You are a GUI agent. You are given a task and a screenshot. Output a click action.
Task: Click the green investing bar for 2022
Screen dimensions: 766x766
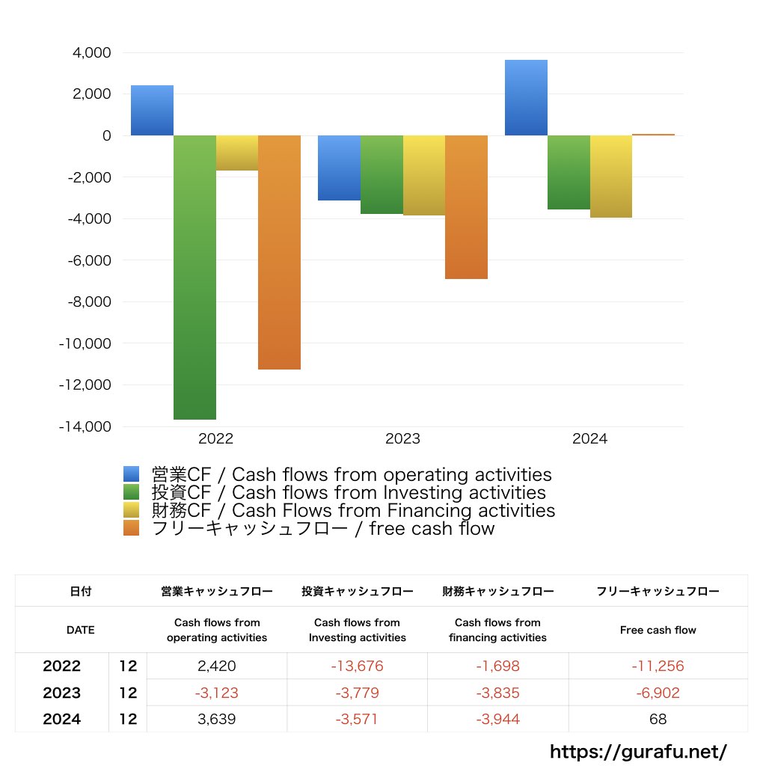(x=194, y=277)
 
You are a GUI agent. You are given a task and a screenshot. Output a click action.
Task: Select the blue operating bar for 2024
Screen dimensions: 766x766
(x=526, y=97)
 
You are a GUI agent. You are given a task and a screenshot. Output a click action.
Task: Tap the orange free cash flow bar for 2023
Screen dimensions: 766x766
(x=466, y=207)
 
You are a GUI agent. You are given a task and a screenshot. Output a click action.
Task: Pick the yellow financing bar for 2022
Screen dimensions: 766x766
(x=237, y=153)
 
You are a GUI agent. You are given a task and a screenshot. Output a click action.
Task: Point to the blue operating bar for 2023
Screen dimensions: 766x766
(x=339, y=168)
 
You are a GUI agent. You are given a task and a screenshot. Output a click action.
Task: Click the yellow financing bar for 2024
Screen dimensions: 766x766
(x=610, y=177)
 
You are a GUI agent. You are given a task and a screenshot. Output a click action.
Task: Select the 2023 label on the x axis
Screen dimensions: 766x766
(x=402, y=439)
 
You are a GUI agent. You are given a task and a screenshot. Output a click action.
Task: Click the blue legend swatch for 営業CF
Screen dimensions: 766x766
(x=132, y=474)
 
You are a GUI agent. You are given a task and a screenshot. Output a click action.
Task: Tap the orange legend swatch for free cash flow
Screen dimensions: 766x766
(x=132, y=528)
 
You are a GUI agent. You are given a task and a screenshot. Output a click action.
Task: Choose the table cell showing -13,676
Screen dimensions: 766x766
(x=357, y=667)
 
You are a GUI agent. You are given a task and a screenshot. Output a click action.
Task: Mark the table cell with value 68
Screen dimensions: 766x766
(x=658, y=720)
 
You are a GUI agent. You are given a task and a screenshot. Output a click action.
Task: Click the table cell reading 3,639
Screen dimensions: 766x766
(x=216, y=720)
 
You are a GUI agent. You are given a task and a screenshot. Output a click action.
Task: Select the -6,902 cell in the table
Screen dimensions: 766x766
(x=658, y=693)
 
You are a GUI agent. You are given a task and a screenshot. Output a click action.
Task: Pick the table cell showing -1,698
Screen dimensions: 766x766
(x=497, y=667)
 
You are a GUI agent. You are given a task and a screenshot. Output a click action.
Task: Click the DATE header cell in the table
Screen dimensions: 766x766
(x=81, y=630)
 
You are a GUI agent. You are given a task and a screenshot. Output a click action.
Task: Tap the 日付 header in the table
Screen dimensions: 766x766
(x=81, y=591)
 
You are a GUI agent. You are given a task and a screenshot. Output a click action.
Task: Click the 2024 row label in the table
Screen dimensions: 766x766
(x=62, y=720)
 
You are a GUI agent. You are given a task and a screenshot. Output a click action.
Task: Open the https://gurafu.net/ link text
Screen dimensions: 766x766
(x=638, y=752)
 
